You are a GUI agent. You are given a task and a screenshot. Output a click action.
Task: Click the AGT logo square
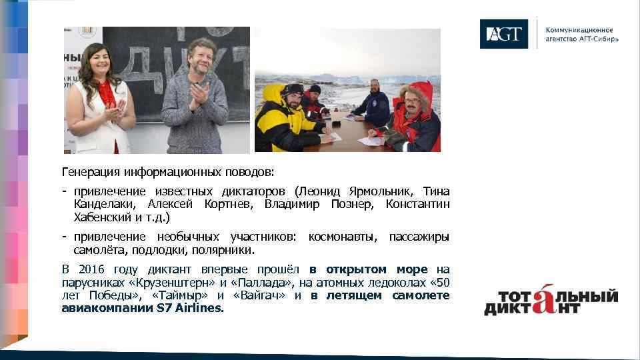[x=503, y=34]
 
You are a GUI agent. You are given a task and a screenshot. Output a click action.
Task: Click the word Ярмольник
[x=386, y=191]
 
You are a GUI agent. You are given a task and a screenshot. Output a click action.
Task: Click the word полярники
[x=223, y=251]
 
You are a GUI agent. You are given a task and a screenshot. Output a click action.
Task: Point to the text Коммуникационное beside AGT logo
[x=579, y=30]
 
